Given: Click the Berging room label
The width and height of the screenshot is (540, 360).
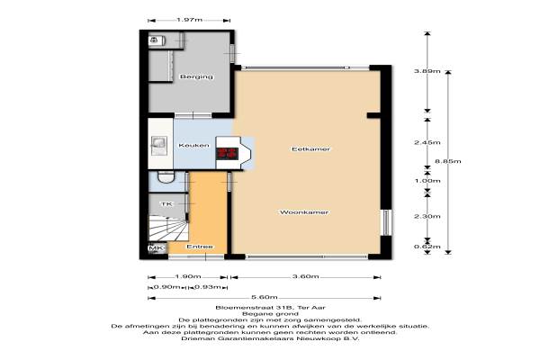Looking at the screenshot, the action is (196, 76).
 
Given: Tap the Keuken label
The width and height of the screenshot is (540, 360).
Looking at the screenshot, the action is (193, 146).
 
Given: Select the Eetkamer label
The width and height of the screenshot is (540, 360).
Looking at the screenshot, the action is (310, 149).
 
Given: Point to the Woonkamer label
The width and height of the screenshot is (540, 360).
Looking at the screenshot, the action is (304, 212).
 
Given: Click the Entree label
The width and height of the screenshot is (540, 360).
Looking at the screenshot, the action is (200, 247).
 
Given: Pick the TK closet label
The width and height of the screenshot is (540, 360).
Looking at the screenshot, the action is (166, 204).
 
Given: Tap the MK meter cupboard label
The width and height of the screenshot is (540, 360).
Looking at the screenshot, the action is (156, 248).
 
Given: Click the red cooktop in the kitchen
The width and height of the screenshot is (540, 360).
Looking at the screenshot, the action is (227, 154).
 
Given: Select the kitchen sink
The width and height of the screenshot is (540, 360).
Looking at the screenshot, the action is (159, 145).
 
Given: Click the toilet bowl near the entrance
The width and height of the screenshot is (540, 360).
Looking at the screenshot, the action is (166, 177).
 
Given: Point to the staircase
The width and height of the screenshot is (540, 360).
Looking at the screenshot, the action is (168, 228).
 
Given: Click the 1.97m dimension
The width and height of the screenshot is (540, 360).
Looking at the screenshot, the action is (189, 20).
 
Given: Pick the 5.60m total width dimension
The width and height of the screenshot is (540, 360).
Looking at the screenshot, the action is (264, 297).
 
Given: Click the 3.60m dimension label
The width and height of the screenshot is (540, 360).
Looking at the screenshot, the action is (305, 276).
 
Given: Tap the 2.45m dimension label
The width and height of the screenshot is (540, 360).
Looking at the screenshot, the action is (427, 142).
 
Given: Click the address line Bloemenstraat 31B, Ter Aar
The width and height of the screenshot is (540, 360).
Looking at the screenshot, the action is (270, 307).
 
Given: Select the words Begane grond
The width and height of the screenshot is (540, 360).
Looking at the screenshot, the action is (270, 314).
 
